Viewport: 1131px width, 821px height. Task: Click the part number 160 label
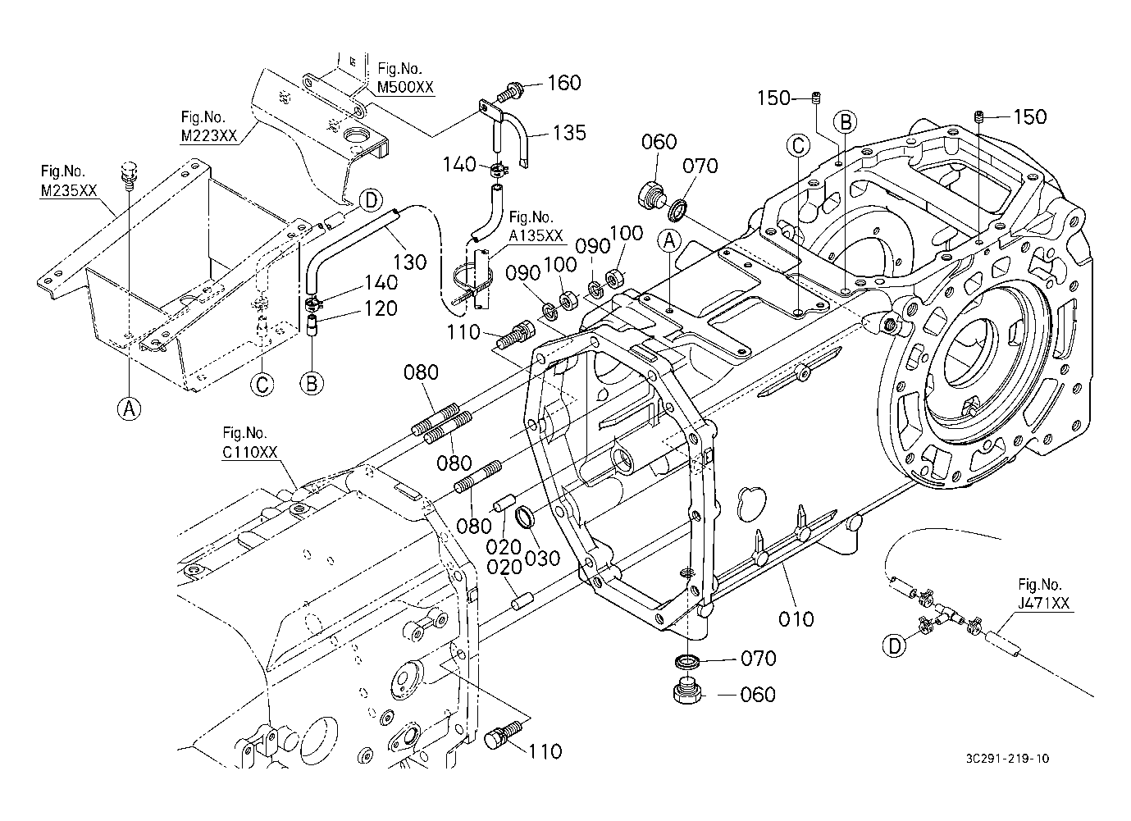563,83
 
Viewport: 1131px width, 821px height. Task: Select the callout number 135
569,133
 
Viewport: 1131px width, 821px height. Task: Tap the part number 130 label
410,262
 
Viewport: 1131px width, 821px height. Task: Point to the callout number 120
381,308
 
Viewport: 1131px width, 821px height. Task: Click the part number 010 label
796,618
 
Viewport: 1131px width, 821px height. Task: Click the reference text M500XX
405,87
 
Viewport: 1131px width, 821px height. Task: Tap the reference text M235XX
69,190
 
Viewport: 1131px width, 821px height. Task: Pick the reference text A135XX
536,235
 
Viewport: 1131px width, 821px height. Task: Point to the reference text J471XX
1044,603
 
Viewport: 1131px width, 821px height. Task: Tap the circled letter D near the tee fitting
895,645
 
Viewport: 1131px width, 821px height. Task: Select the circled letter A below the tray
128,408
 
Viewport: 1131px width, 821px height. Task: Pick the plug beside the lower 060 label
686,693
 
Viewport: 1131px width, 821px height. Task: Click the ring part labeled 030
525,519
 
